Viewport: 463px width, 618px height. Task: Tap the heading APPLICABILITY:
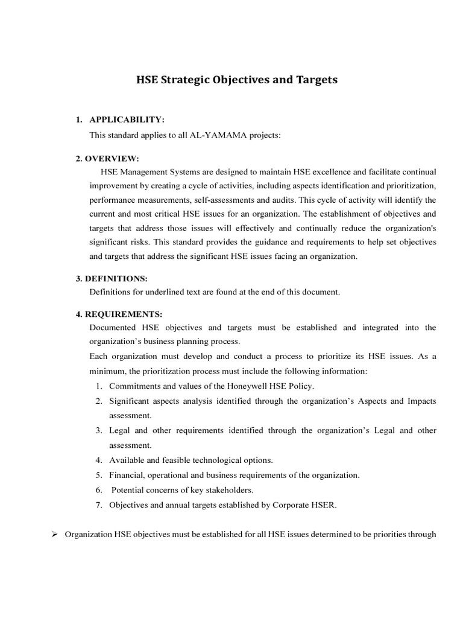coord(127,121)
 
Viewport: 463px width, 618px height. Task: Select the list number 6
coord(98,490)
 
